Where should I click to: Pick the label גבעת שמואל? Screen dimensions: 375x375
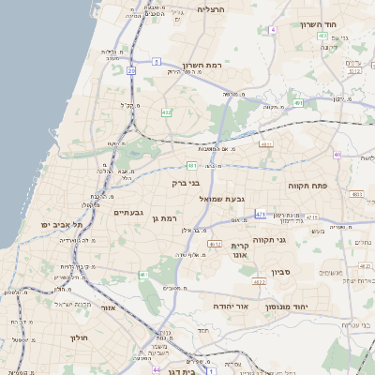point(221,199)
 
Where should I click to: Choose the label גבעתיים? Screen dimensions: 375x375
point(128,213)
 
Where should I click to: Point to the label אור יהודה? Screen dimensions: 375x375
point(229,307)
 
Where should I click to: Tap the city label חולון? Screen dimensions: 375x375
point(78,337)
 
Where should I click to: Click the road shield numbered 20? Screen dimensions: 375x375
point(132,70)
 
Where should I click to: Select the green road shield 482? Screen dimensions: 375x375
point(166,112)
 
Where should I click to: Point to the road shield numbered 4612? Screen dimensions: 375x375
point(215,243)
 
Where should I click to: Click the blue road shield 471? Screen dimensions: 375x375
point(260,214)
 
